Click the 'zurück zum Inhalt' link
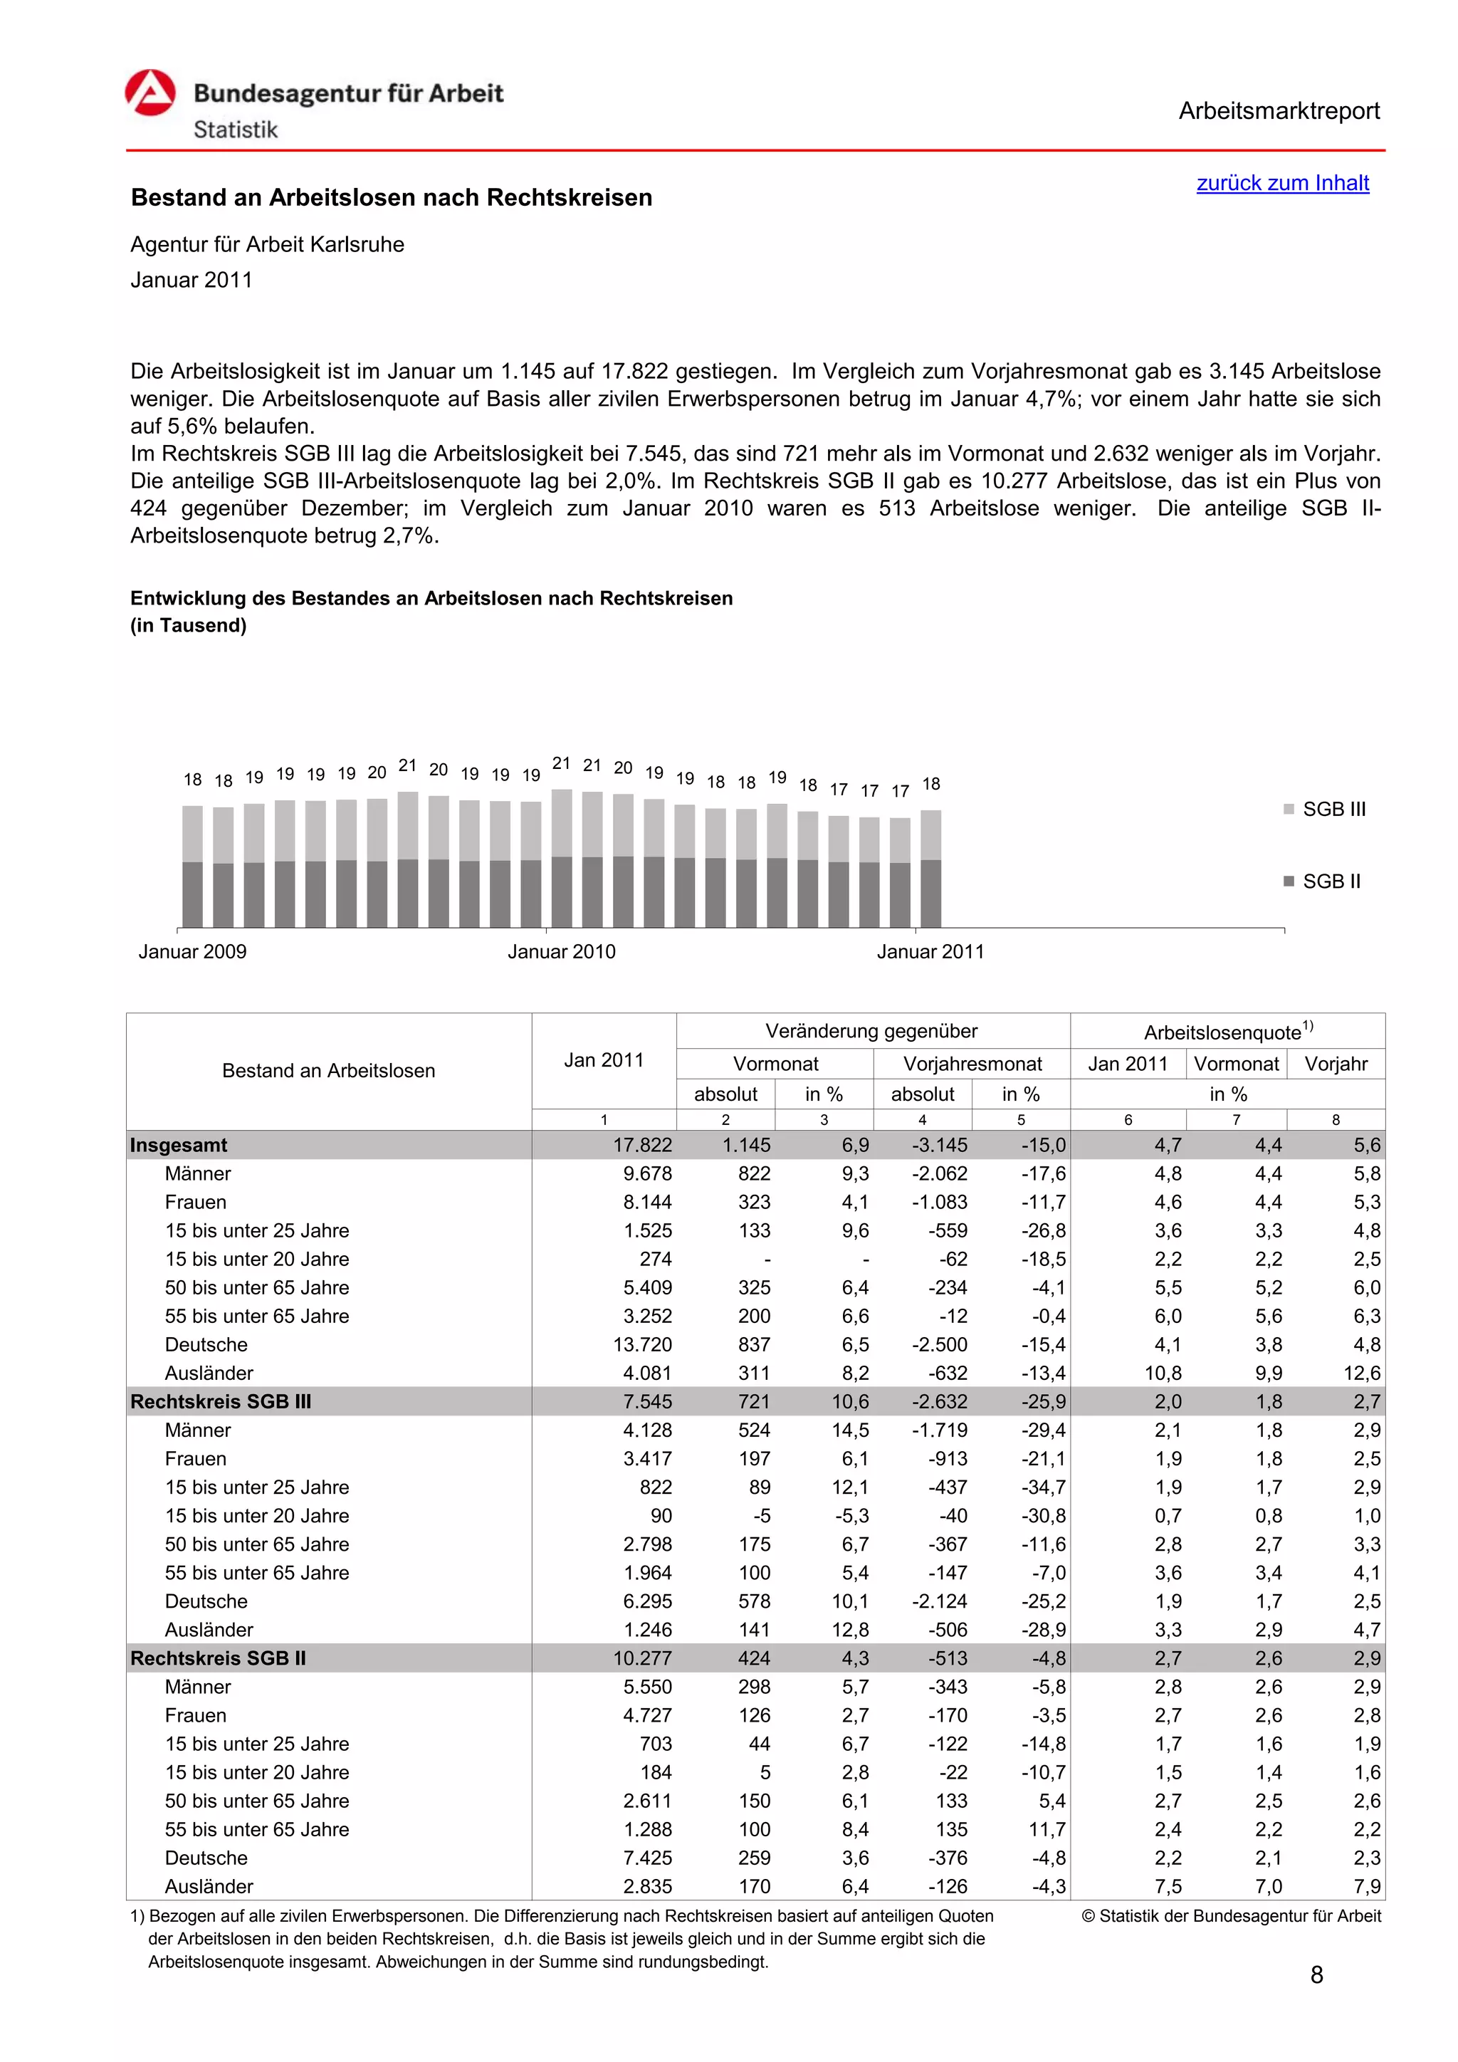[x=1282, y=183]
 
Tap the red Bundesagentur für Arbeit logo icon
[x=150, y=93]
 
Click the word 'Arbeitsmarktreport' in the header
[x=1279, y=111]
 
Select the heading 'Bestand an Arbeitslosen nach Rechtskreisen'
[x=392, y=197]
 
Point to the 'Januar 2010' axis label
[x=561, y=952]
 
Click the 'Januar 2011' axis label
[x=930, y=952]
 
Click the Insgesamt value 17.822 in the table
[x=642, y=1145]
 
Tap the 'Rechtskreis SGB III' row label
[x=221, y=1402]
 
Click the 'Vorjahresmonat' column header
[x=972, y=1064]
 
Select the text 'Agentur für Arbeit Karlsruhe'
[x=268, y=245]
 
